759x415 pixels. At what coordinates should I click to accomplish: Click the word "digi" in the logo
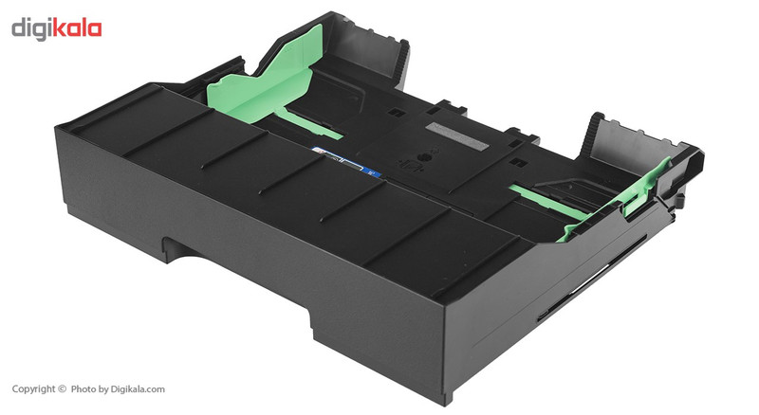pos(31,29)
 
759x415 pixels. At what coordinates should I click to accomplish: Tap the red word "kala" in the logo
pos(77,28)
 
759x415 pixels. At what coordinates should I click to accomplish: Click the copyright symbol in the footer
pos(62,388)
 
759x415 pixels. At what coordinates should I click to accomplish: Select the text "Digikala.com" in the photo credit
pos(138,389)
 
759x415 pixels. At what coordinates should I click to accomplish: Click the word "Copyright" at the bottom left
pos(33,389)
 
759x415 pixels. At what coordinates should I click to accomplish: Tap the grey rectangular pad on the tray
pos(456,134)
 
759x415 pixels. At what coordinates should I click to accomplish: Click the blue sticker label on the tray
pos(346,163)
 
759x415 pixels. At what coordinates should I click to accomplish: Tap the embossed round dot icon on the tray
pos(421,158)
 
